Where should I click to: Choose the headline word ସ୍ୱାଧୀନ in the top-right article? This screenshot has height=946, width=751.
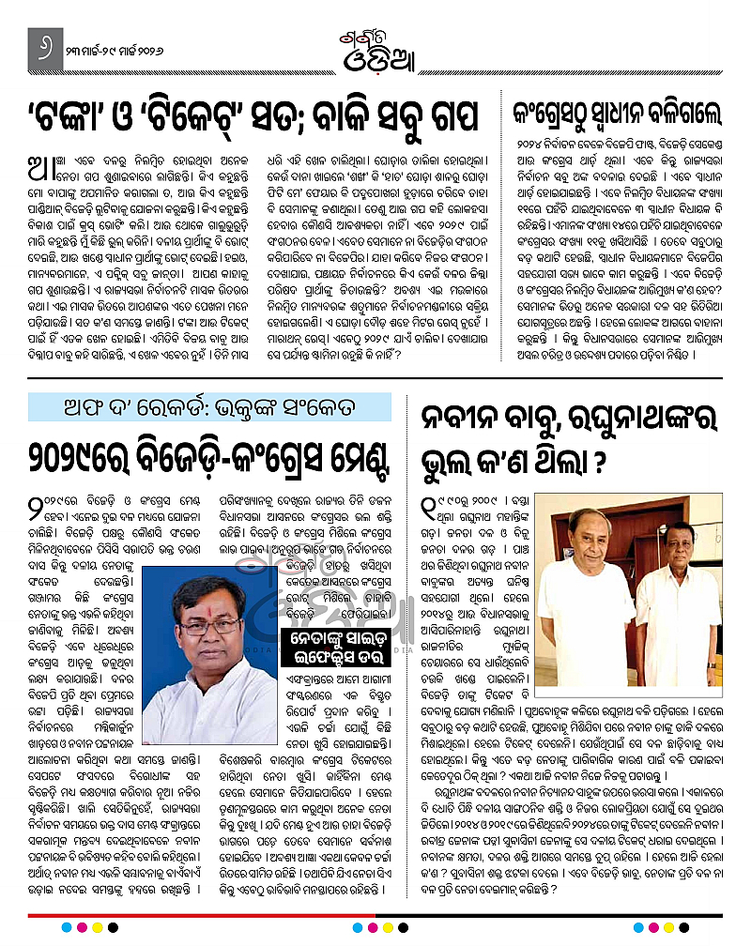(x=619, y=114)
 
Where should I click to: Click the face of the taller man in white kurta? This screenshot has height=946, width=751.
(x=587, y=543)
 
